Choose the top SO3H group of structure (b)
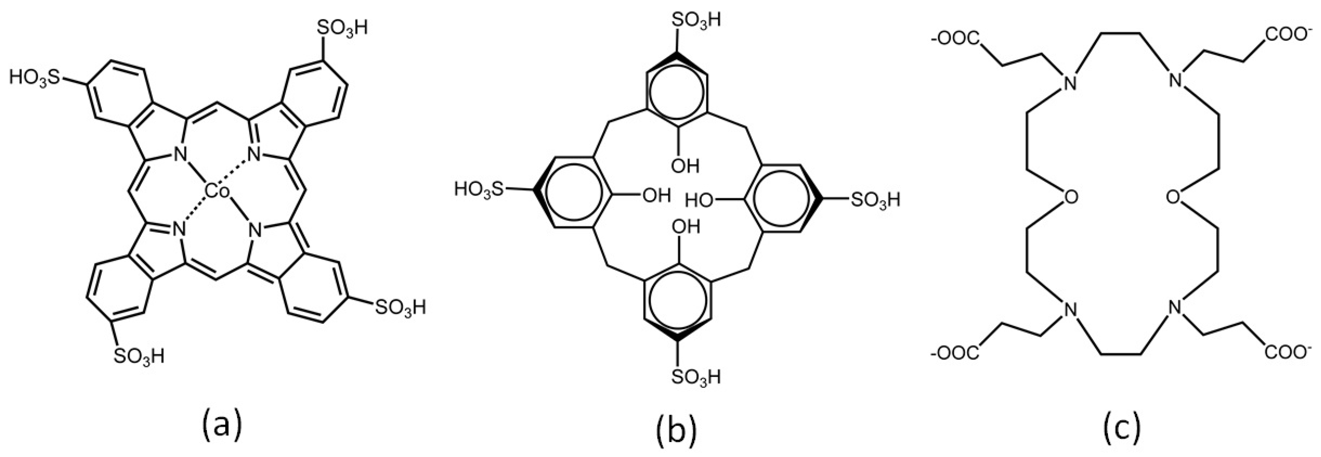tap(696, 20)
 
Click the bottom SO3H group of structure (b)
tap(696, 376)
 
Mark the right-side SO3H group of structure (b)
tap(875, 199)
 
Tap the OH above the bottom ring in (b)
tap(685, 226)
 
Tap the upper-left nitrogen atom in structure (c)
tap(1069, 82)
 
